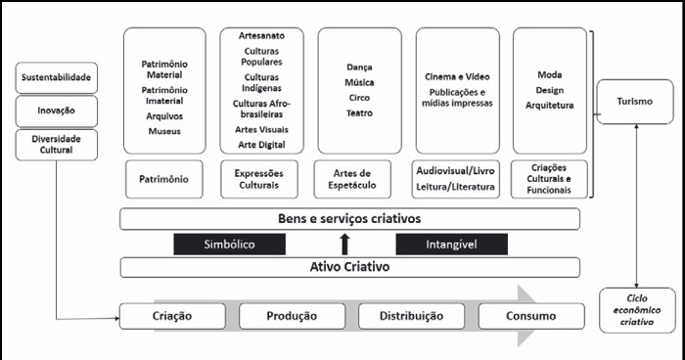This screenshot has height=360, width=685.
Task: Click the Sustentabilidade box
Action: pyautogui.click(x=56, y=76)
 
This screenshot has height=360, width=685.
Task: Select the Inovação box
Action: pyautogui.click(x=56, y=111)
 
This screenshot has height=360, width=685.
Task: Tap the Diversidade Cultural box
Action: pyautogui.click(x=56, y=145)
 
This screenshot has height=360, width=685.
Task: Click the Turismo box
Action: pyautogui.click(x=635, y=102)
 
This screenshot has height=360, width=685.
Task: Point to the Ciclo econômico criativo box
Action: pyautogui.click(x=635, y=308)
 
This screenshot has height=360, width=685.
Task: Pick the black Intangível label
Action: pyautogui.click(x=451, y=244)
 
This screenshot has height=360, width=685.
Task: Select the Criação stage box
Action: pyautogui.click(x=171, y=316)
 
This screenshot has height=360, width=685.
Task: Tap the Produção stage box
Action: pyautogui.click(x=291, y=316)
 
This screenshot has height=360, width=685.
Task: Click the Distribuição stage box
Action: pyautogui.click(x=410, y=316)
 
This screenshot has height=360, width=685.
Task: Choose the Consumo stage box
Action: pyautogui.click(x=530, y=316)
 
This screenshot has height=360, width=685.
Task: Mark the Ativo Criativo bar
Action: pyautogui.click(x=349, y=267)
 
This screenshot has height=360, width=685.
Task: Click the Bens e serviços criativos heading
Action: pyautogui.click(x=349, y=218)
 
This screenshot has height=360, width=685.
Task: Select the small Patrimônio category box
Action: pyautogui.click(x=164, y=179)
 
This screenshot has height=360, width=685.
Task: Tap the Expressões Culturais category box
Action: pyautogui.click(x=261, y=179)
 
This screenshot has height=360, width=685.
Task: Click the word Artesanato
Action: pyautogui.click(x=261, y=35)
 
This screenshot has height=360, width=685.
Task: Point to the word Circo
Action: pyautogui.click(x=358, y=98)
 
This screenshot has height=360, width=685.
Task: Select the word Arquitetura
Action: pyautogui.click(x=549, y=105)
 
